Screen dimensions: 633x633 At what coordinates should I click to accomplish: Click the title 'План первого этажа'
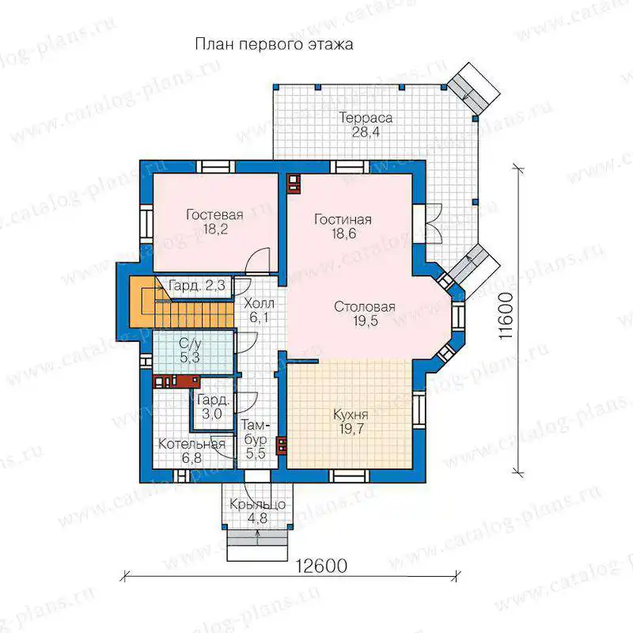tap(274, 44)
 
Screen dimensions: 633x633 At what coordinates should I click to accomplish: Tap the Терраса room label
tap(366, 117)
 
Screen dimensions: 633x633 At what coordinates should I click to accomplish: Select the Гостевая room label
tap(214, 214)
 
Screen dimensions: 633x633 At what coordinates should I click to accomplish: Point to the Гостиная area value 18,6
tap(344, 233)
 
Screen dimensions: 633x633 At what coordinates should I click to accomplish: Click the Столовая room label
tap(365, 307)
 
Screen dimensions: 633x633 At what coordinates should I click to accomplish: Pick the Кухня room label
tap(351, 415)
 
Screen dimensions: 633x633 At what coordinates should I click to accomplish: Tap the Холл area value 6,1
tap(259, 317)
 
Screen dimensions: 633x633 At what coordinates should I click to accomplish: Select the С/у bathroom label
tap(190, 344)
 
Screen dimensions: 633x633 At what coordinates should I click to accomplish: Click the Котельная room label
tap(191, 444)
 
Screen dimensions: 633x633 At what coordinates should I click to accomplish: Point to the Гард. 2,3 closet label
tap(196, 286)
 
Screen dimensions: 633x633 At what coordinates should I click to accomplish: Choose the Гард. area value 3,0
tap(212, 414)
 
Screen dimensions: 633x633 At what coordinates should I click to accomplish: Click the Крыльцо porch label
tap(258, 504)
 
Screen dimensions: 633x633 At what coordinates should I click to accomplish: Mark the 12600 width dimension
tap(321, 566)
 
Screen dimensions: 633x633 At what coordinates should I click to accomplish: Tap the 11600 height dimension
tap(506, 316)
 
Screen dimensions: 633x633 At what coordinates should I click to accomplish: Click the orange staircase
tap(182, 302)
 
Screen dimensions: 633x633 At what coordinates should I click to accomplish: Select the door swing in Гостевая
tap(257, 260)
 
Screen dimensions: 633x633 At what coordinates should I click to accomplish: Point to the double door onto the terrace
tap(434, 224)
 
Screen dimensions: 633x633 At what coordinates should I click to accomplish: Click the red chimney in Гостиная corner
tap(294, 184)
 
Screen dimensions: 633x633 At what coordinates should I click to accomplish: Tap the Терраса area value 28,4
tap(366, 132)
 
